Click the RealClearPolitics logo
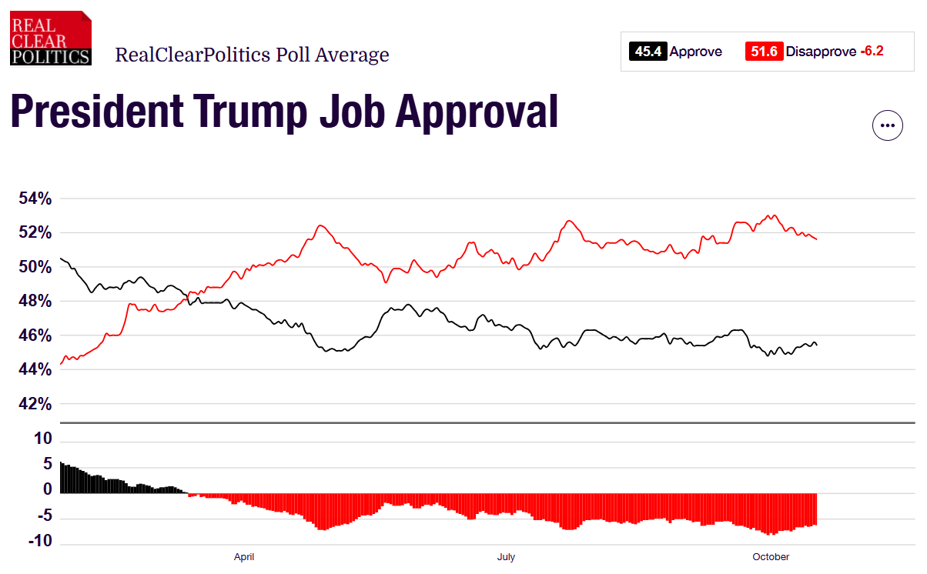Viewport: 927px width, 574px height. pyautogui.click(x=50, y=38)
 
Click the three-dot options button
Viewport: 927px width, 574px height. pyautogui.click(x=887, y=125)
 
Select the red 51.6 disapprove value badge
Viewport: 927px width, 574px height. pyautogui.click(x=764, y=52)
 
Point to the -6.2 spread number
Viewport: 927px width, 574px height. pyautogui.click(x=872, y=52)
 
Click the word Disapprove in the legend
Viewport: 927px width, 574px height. pyautogui.click(x=821, y=52)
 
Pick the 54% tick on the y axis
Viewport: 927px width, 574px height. pyautogui.click(x=35, y=199)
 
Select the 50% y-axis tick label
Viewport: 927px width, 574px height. pyautogui.click(x=35, y=268)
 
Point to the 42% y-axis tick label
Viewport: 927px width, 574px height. pyautogui.click(x=35, y=405)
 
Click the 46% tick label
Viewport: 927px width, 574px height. pyautogui.click(x=35, y=336)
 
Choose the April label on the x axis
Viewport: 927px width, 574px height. pyautogui.click(x=244, y=557)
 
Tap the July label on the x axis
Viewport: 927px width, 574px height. pyautogui.click(x=506, y=557)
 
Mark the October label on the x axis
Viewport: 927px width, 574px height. pyautogui.click(x=771, y=557)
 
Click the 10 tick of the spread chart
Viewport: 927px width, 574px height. pyautogui.click(x=44, y=439)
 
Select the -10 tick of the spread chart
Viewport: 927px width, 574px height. pyautogui.click(x=41, y=542)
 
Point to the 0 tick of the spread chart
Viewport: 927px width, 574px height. pyautogui.click(x=48, y=490)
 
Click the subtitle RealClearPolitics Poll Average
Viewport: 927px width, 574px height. pyautogui.click(x=252, y=55)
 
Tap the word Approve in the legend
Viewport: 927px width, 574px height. pyautogui.click(x=696, y=52)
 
